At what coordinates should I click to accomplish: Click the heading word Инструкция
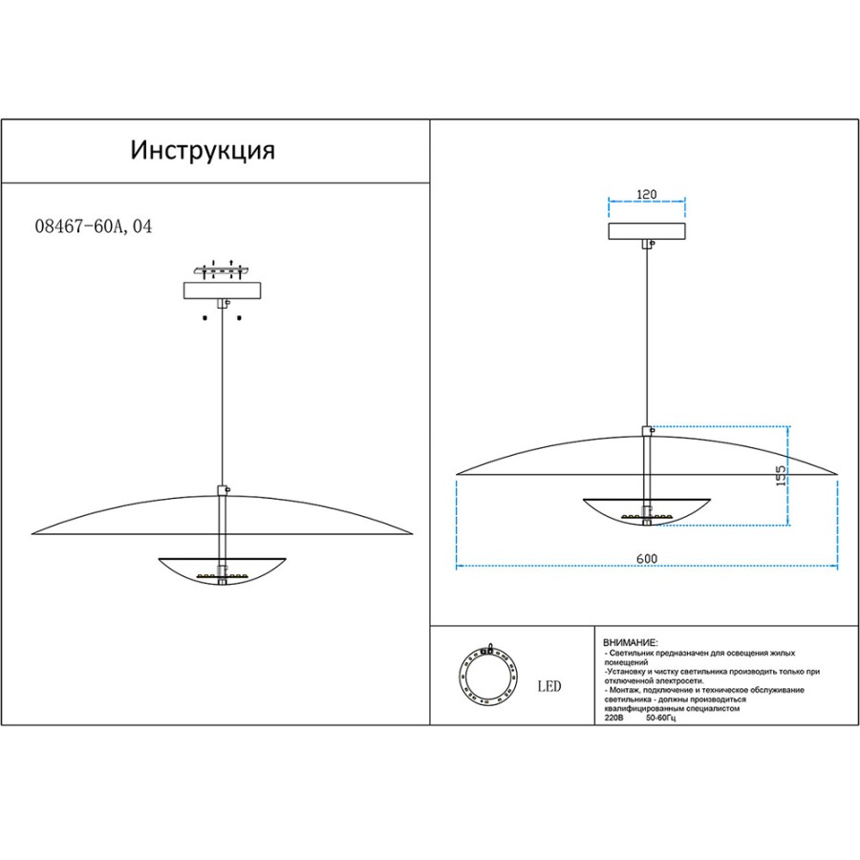coord(203,150)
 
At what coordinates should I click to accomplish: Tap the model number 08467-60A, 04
coord(94,226)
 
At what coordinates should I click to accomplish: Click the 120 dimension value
coord(647,194)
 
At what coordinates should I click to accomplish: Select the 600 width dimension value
coord(647,558)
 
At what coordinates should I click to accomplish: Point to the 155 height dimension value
coord(780,475)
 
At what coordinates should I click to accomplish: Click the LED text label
coord(549,686)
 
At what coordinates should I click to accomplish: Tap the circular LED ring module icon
coord(487,675)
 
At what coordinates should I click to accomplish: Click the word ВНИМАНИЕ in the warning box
coord(630,643)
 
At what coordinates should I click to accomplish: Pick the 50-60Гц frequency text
coord(661,718)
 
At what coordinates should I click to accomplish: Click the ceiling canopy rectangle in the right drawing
coord(647,231)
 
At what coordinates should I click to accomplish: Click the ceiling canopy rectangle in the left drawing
coord(222,290)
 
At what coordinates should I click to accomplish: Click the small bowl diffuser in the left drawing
coord(222,571)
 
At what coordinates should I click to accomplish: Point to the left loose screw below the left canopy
coord(204,317)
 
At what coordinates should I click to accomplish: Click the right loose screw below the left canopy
coord(239,317)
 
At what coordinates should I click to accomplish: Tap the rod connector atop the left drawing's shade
coord(223,490)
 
